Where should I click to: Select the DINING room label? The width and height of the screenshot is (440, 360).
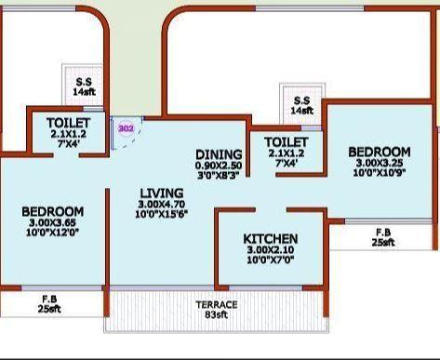coord(219,154)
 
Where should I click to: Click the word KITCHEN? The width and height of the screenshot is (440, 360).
coord(270,239)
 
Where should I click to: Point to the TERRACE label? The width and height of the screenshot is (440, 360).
coord(216,305)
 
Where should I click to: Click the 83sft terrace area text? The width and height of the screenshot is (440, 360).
coord(216,316)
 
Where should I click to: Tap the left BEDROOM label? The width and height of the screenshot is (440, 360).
coord(52,212)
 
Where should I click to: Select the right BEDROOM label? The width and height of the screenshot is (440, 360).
coord(379,151)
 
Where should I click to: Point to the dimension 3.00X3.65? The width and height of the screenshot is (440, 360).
coord(52,223)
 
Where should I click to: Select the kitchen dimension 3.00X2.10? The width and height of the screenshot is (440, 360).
coord(270,250)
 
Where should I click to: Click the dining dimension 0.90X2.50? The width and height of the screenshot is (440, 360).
coord(219,165)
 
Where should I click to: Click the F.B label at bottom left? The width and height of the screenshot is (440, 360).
coord(49,298)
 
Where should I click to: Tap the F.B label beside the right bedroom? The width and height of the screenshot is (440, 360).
coord(383,232)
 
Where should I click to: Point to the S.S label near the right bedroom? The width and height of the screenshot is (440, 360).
coord(300,100)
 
